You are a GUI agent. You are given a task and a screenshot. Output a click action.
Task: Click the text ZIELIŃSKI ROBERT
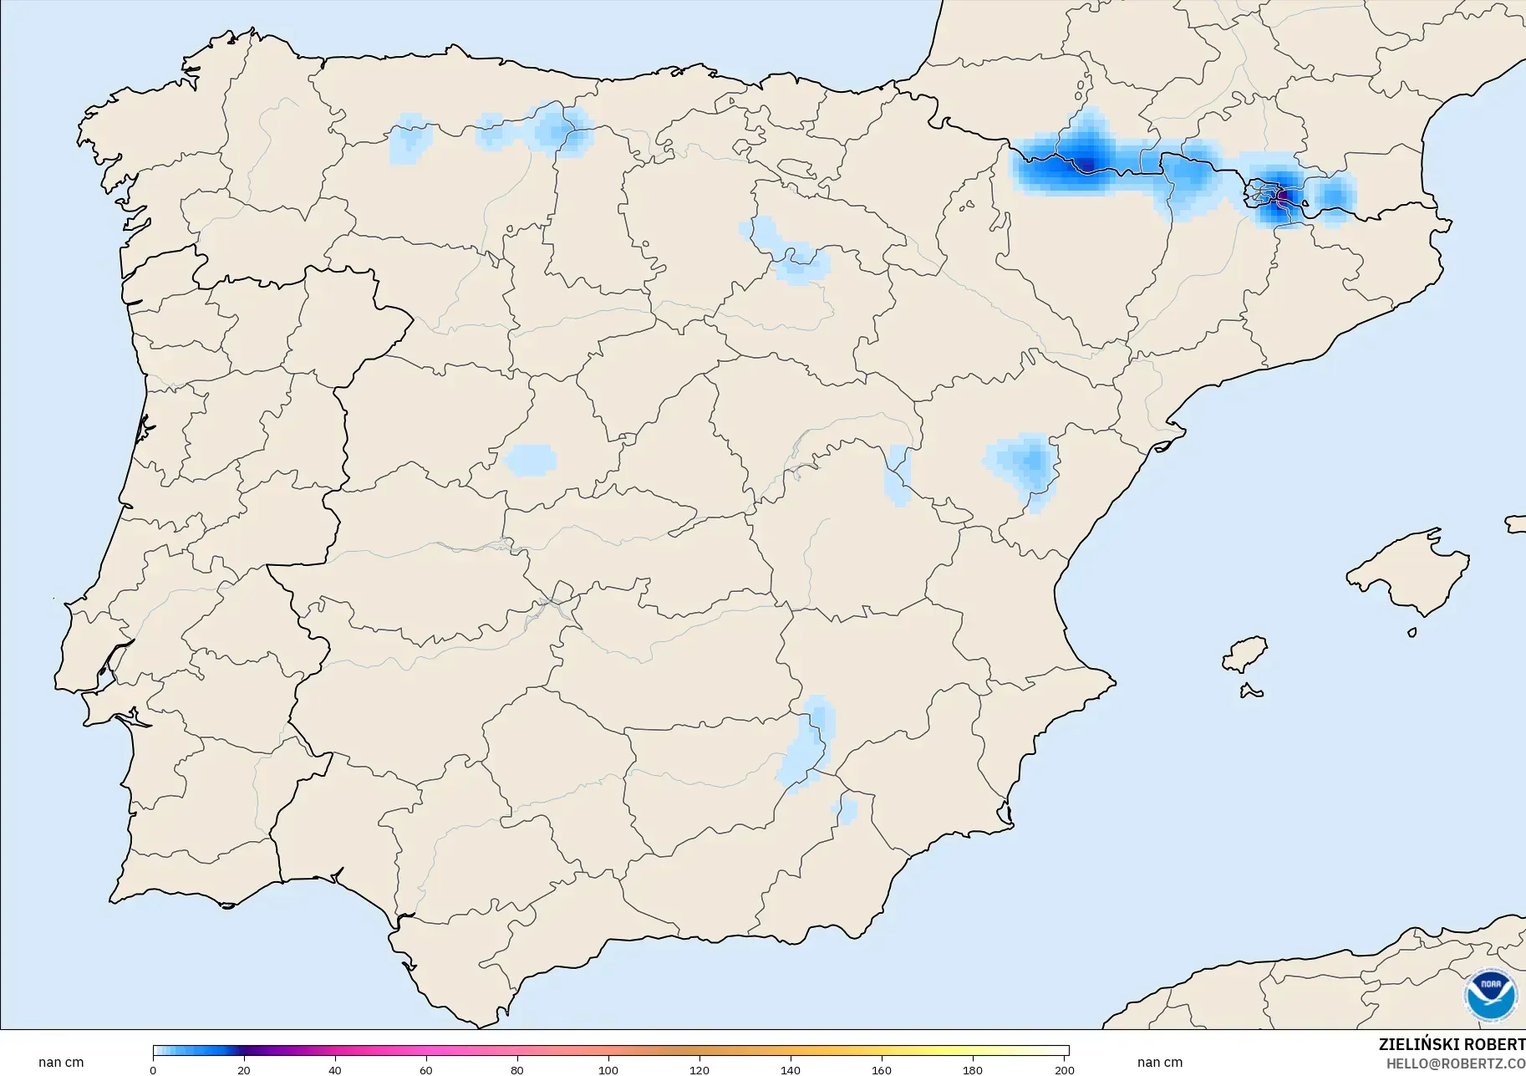click(x=1452, y=1045)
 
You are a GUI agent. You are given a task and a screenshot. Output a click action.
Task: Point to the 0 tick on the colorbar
click(x=153, y=1070)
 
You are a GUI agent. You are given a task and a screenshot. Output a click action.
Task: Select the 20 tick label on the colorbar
click(x=244, y=1070)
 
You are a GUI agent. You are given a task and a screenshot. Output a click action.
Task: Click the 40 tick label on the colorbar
click(x=335, y=1070)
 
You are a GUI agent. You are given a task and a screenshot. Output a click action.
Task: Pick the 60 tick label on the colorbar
click(x=426, y=1070)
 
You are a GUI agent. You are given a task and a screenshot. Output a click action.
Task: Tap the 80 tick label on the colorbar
click(x=517, y=1070)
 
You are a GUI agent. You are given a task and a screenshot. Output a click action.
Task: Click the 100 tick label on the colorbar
click(x=608, y=1070)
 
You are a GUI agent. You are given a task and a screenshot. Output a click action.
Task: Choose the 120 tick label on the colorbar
click(x=699, y=1070)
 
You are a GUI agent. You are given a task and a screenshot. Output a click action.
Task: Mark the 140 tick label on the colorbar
click(x=791, y=1070)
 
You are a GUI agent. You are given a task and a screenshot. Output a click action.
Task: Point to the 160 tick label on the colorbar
click(x=882, y=1070)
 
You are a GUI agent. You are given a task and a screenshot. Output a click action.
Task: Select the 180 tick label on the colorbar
click(x=973, y=1070)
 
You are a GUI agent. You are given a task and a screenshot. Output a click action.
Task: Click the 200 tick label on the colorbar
click(x=1064, y=1070)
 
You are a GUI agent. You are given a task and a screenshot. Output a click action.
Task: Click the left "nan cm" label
click(x=61, y=1063)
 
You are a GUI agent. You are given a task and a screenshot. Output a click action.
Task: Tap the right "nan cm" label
click(x=1160, y=1063)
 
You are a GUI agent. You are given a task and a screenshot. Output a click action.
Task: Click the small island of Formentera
click(x=1251, y=691)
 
